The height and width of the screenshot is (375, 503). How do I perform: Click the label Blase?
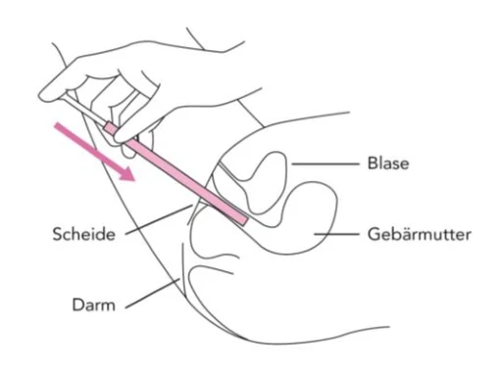point(388,163)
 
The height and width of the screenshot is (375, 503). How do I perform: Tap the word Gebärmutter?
point(420,234)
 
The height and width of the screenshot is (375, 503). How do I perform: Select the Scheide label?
point(84,234)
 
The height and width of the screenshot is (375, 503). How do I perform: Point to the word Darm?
point(94,305)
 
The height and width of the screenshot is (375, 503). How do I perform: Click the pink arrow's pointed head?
point(128,175)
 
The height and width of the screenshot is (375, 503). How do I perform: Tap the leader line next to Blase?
point(326,164)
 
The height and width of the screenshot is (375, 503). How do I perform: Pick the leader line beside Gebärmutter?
point(336,234)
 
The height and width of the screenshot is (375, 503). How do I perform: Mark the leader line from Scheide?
point(159,219)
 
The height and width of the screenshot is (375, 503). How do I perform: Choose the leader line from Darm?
point(153,294)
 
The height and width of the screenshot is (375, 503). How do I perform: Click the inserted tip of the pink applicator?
point(242,221)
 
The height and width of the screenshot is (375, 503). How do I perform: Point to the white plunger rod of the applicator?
point(86,111)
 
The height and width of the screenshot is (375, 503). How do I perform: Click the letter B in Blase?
point(373,164)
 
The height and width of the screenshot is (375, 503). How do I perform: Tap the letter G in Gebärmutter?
point(374,234)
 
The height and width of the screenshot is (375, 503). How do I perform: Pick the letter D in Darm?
point(78,305)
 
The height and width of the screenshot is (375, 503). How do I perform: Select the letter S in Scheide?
point(58,234)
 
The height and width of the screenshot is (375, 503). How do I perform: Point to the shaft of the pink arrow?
point(88,147)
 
